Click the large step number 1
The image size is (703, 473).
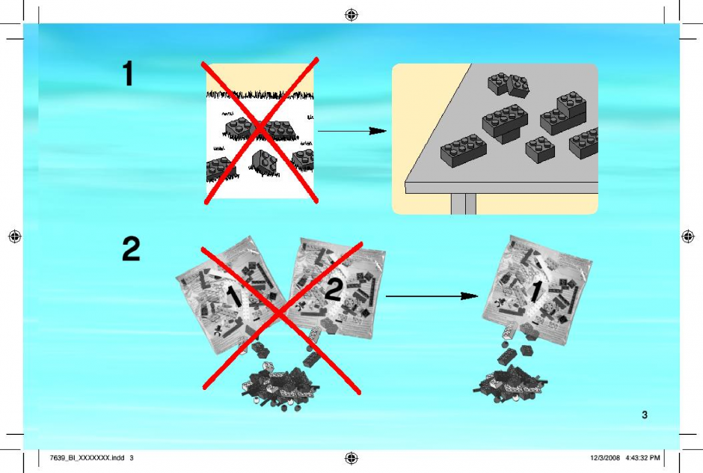coord(128,73)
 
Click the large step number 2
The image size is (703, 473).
coord(131,249)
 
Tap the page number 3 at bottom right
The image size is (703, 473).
coord(645,415)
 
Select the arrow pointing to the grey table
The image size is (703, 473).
coord(352,131)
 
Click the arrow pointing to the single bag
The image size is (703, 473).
coord(432,296)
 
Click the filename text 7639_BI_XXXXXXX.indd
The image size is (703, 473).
coord(87,458)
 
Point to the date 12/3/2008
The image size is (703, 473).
coord(605,458)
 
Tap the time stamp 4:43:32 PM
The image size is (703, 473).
coord(643,458)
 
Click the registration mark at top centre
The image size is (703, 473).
coord(351,15)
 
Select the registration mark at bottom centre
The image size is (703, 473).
coord(351,458)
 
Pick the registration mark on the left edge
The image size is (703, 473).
coord(15,236)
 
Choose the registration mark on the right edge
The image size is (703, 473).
coord(688,236)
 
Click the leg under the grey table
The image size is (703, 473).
coord(464,204)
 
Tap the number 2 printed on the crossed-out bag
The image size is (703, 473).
coord(333,290)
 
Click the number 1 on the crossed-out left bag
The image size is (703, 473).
coord(233,297)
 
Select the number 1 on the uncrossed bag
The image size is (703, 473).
coord(535,291)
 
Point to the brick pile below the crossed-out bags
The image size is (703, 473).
coord(280,386)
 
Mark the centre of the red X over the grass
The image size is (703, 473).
coord(260,129)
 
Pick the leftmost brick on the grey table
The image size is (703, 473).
coord(463,150)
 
